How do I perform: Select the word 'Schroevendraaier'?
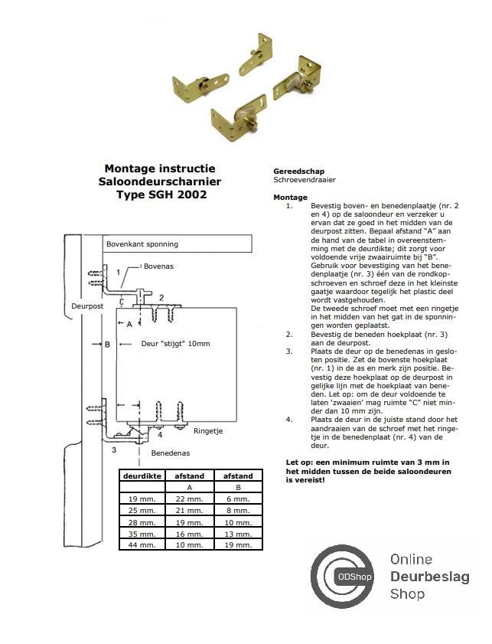pyautogui.click(x=305, y=180)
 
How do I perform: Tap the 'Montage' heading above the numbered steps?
pyautogui.click(x=290, y=198)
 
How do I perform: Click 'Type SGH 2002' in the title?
pyautogui.click(x=161, y=195)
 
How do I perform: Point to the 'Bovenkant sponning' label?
pyautogui.click(x=142, y=244)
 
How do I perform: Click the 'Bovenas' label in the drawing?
pyautogui.click(x=158, y=266)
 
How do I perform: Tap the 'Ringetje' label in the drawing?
pyautogui.click(x=207, y=431)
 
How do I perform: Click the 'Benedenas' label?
pyautogui.click(x=168, y=453)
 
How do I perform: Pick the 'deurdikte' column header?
pyautogui.click(x=142, y=476)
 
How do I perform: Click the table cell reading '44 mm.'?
pyautogui.click(x=142, y=544)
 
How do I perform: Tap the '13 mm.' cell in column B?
pyautogui.click(x=237, y=533)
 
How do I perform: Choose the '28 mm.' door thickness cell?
pyautogui.click(x=142, y=521)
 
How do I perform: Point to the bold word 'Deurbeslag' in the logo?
pyautogui.click(x=429, y=577)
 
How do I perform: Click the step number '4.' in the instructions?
pyautogui.click(x=289, y=420)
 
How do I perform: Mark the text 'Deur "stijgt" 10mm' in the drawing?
pyautogui.click(x=175, y=344)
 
